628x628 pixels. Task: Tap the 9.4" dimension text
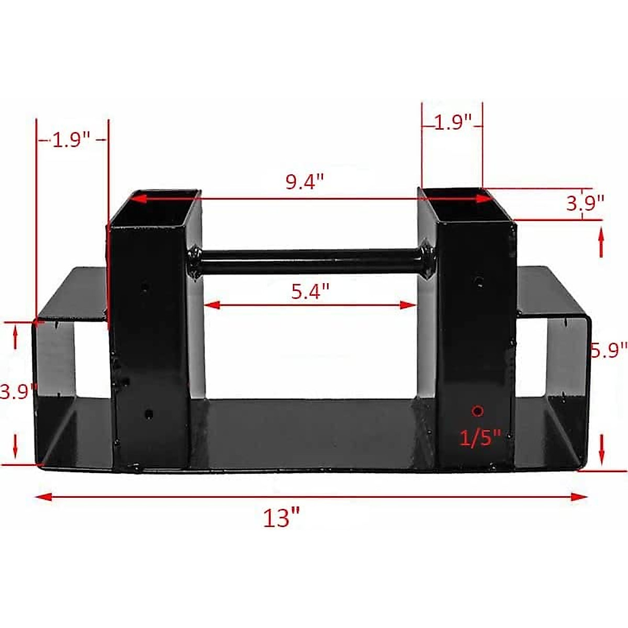305,182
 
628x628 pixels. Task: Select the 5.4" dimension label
310,291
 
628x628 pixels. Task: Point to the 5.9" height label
609,349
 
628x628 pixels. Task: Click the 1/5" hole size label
480,437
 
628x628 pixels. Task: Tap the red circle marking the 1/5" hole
477,411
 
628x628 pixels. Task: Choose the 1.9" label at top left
71,140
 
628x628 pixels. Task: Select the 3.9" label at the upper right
585,202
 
